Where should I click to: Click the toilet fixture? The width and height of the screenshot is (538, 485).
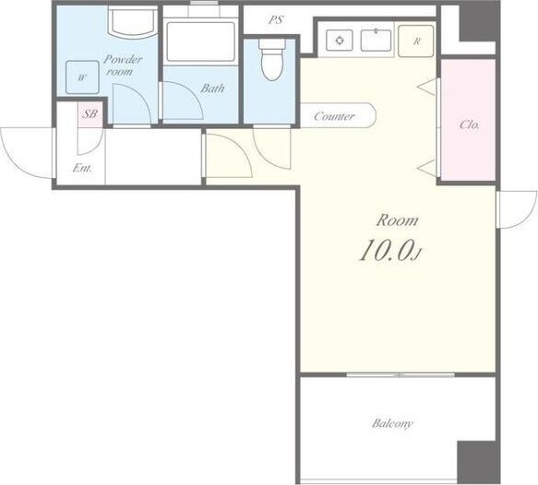tap(272, 59)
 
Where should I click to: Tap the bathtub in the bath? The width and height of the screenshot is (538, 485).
tap(201, 41)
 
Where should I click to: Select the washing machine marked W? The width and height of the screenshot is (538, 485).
tap(82, 77)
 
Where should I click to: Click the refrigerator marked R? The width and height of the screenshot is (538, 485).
tap(416, 41)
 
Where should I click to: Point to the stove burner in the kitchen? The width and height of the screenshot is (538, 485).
tap(340, 41)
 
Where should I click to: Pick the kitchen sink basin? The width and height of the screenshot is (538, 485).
tap(376, 41)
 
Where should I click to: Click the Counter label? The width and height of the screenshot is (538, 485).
tap(334, 116)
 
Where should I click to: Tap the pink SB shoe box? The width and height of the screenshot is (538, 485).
tap(90, 114)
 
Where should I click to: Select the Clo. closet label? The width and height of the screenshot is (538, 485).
tap(470, 124)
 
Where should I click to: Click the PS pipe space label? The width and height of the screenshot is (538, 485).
tap(276, 20)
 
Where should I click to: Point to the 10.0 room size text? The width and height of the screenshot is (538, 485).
tap(390, 250)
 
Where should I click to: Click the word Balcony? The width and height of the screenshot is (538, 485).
tap(392, 423)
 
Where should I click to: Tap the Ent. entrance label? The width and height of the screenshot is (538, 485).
tap(82, 169)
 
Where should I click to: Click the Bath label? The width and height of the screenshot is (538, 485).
tap(212, 89)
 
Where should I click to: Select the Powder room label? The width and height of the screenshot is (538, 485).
tap(123, 65)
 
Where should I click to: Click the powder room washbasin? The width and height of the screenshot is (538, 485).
tap(132, 21)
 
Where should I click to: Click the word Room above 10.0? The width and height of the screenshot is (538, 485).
tap(398, 220)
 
